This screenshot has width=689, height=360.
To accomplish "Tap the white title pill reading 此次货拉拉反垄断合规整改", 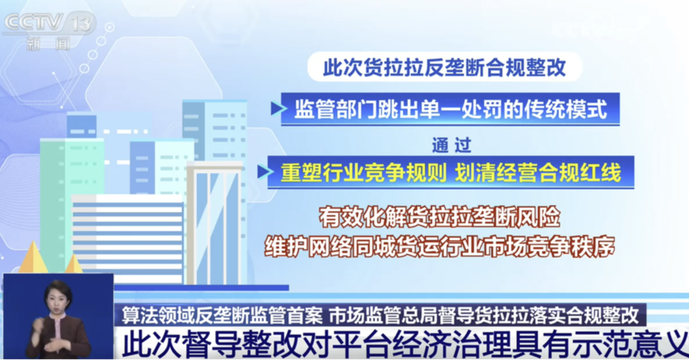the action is pyautogui.click(x=445, y=67).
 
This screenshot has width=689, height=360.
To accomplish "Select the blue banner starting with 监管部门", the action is pyautogui.click(x=450, y=109).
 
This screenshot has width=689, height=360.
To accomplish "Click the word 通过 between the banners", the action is pyautogui.click(x=452, y=145).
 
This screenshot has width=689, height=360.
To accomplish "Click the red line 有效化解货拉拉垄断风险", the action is pyautogui.click(x=440, y=217).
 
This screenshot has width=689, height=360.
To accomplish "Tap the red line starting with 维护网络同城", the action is pyautogui.click(x=440, y=247).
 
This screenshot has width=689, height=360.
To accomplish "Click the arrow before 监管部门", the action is pyautogui.click(x=278, y=109).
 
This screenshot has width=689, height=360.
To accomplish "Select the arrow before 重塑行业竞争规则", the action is pyautogui.click(x=264, y=172).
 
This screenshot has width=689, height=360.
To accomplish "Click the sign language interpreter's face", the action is pyautogui.click(x=59, y=297).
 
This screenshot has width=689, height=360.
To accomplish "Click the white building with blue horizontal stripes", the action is pyautogui.click(x=128, y=239).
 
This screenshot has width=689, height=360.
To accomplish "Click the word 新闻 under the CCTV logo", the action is pyautogui.click(x=48, y=44).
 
